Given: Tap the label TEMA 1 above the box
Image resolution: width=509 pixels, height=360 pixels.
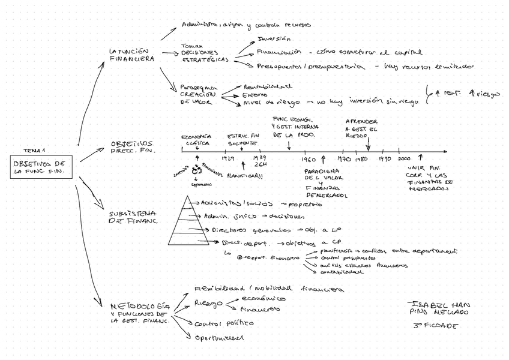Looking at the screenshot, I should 34,151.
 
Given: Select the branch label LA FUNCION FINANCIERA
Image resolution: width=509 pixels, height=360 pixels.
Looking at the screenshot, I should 131,55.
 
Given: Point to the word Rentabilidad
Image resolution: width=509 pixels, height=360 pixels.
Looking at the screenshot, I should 268,85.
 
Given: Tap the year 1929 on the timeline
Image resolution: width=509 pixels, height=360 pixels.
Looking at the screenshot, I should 227,160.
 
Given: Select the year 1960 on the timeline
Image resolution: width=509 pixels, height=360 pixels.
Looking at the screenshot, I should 309,160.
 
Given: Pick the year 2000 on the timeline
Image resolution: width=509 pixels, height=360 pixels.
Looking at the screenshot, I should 404,159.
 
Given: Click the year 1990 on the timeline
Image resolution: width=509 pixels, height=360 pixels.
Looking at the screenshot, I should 385,160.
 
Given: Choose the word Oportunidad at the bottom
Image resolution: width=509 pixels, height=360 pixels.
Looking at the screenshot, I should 219,338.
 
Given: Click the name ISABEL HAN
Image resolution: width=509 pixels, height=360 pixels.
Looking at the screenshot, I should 438,304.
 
